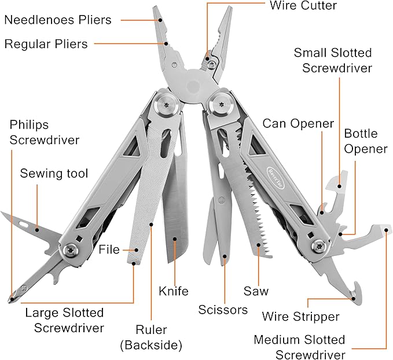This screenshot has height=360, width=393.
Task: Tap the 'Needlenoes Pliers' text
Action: click(x=57, y=20)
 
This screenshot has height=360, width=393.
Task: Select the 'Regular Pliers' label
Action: click(x=46, y=44)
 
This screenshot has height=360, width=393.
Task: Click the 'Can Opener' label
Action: click(x=298, y=123)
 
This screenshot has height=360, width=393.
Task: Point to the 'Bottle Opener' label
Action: click(x=365, y=141)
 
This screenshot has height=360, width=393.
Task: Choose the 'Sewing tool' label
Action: click(x=54, y=174)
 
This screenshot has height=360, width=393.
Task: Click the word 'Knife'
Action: click(x=174, y=291)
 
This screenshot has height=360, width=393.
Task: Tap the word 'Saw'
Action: click(x=256, y=291)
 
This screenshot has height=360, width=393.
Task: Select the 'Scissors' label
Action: click(x=222, y=310)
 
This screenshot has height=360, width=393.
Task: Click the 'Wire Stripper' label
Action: click(x=300, y=317)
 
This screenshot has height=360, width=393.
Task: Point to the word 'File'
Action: click(x=109, y=250)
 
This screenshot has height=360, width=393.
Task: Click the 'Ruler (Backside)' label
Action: click(x=151, y=338)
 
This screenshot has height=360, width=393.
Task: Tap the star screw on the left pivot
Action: click(x=167, y=105)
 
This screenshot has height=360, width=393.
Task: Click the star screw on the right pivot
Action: click(x=221, y=105)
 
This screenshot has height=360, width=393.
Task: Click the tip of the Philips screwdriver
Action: click(x=12, y=299)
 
